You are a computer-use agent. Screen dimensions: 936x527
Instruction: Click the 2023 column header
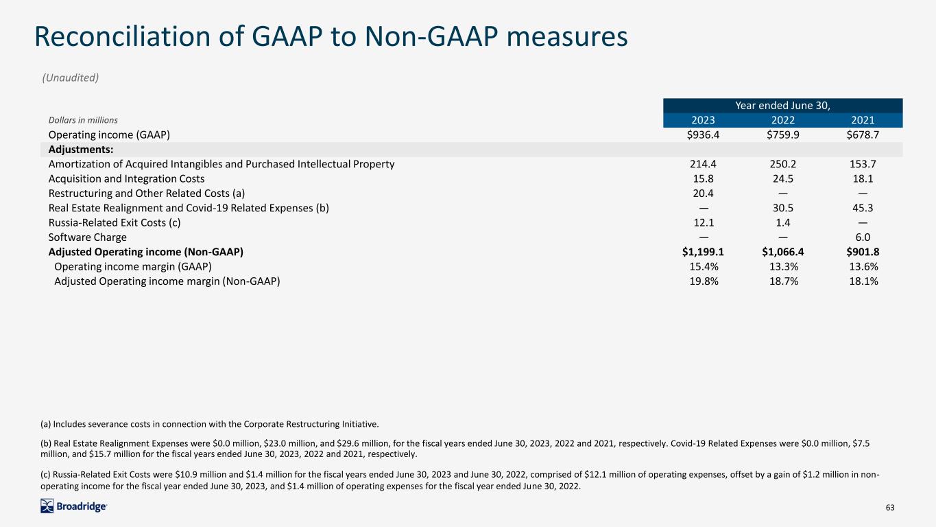point(703,120)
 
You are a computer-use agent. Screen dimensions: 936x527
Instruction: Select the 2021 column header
point(863,120)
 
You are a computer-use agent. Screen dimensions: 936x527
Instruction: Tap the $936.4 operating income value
point(704,134)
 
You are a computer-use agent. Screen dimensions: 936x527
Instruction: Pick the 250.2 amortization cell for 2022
point(783,164)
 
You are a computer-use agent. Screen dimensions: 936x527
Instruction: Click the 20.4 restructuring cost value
point(704,194)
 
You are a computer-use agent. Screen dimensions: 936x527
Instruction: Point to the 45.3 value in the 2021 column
point(863,208)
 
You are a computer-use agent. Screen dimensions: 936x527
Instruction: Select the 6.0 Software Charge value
point(863,237)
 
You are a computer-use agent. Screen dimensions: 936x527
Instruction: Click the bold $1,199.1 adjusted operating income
point(703,252)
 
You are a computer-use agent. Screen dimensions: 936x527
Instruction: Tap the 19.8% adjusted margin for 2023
point(704,281)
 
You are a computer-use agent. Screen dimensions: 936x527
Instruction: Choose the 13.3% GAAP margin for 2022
point(784,266)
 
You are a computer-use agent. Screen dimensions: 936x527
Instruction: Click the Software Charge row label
point(87,237)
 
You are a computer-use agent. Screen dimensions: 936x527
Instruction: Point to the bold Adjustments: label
point(81,150)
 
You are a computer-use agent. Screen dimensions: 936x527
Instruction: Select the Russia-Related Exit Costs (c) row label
point(115,222)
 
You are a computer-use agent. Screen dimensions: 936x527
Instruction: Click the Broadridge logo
point(74,506)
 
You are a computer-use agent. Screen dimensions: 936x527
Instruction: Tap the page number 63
point(890,507)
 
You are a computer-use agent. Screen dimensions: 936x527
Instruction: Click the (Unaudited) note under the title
point(71,78)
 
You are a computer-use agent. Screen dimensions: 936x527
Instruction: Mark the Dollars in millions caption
point(83,120)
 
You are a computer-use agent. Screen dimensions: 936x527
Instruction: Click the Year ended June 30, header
point(782,106)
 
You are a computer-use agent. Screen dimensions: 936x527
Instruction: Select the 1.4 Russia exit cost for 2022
point(783,222)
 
